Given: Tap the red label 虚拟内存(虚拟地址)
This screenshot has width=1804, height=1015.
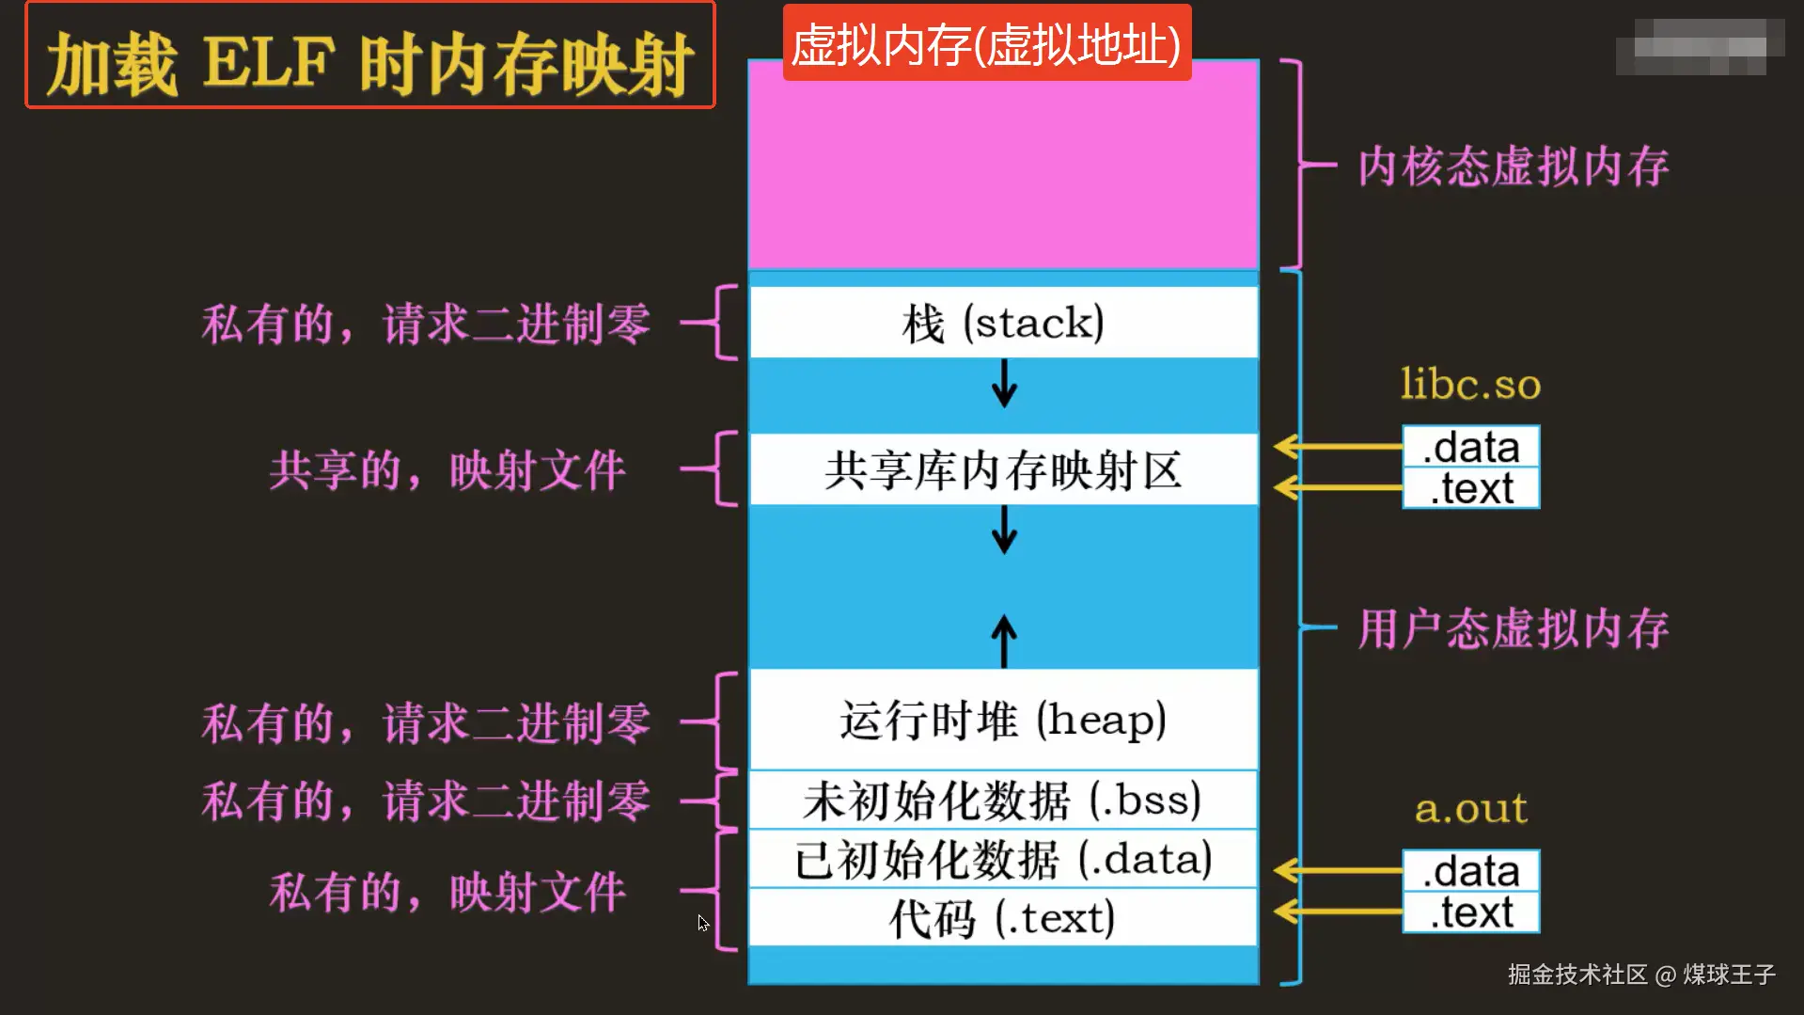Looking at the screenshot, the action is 986,43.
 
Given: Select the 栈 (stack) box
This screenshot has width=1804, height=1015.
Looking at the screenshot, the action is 1003,323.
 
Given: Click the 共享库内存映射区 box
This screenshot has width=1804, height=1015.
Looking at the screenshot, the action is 1003,469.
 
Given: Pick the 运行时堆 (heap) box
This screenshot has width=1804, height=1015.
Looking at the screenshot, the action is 1003,720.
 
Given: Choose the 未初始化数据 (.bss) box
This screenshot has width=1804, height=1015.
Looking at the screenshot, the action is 1003,800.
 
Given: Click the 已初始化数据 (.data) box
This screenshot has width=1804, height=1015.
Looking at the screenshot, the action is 1003,859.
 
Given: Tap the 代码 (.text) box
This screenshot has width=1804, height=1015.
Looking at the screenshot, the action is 1003,917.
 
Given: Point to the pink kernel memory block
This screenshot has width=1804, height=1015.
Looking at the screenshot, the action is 1003,166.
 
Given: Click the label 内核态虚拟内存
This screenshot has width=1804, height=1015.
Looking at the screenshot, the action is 1513,167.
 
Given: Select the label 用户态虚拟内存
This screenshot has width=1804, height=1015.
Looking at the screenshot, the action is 1513,628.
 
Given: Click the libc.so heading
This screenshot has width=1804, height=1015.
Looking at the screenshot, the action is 1470,384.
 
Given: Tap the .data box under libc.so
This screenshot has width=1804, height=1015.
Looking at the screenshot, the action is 1471,447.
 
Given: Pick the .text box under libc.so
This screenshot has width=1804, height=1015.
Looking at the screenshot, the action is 1471,488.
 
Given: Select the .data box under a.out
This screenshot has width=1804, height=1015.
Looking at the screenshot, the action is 1471,871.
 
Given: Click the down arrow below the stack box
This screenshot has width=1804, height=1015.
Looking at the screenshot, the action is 1004,383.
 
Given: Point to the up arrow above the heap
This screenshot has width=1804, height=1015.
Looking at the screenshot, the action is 1004,642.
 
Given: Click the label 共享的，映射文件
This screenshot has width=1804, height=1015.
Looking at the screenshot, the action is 447,470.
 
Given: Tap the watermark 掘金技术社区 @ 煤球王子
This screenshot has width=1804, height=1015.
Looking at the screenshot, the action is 1641,975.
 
